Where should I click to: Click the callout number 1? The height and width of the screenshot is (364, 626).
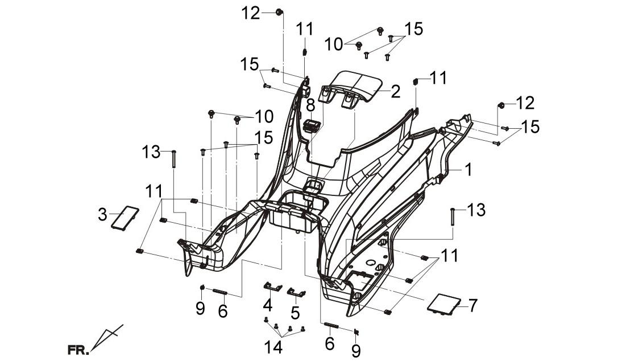tap(468, 170)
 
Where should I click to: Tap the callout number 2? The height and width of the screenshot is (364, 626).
tap(395, 92)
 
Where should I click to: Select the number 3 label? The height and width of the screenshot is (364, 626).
tap(102, 215)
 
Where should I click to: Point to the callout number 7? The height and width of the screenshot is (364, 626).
tap(472, 306)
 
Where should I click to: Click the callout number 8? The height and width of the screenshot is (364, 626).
tap(310, 106)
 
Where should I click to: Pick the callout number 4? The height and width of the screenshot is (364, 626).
tap(267, 305)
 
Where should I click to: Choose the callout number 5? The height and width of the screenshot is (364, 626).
tap(295, 313)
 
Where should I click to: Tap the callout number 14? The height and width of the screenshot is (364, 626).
tap(273, 347)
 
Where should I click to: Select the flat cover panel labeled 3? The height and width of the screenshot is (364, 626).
tap(125, 218)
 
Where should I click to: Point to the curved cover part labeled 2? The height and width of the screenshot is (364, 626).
tap(351, 89)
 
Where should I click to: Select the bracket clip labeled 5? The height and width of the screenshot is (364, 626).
tap(296, 292)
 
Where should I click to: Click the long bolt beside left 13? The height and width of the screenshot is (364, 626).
tap(173, 159)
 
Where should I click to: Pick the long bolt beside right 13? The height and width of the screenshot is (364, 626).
tap(453, 217)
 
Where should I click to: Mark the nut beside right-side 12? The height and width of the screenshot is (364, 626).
tap(500, 105)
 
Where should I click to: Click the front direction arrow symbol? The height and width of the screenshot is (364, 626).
tap(106, 337)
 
